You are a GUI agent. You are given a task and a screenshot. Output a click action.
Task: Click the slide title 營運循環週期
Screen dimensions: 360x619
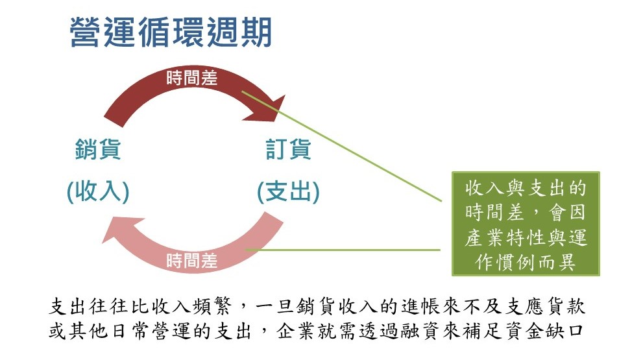click(171, 32)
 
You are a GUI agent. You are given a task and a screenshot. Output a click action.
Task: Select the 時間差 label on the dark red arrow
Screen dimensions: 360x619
click(191, 78)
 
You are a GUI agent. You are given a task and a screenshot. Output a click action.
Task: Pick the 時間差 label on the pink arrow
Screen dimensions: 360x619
click(191, 261)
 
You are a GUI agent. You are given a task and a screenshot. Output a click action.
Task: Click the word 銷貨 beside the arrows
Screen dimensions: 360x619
click(98, 150)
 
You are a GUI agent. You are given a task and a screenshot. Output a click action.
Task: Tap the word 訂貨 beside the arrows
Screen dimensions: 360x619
click(288, 150)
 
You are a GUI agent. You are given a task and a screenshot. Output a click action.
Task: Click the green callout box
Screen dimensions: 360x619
click(526, 224)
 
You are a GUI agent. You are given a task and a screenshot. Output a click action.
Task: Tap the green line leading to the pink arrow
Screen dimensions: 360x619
click(344, 250)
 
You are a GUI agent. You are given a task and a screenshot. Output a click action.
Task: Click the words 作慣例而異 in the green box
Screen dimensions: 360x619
click(526, 263)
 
